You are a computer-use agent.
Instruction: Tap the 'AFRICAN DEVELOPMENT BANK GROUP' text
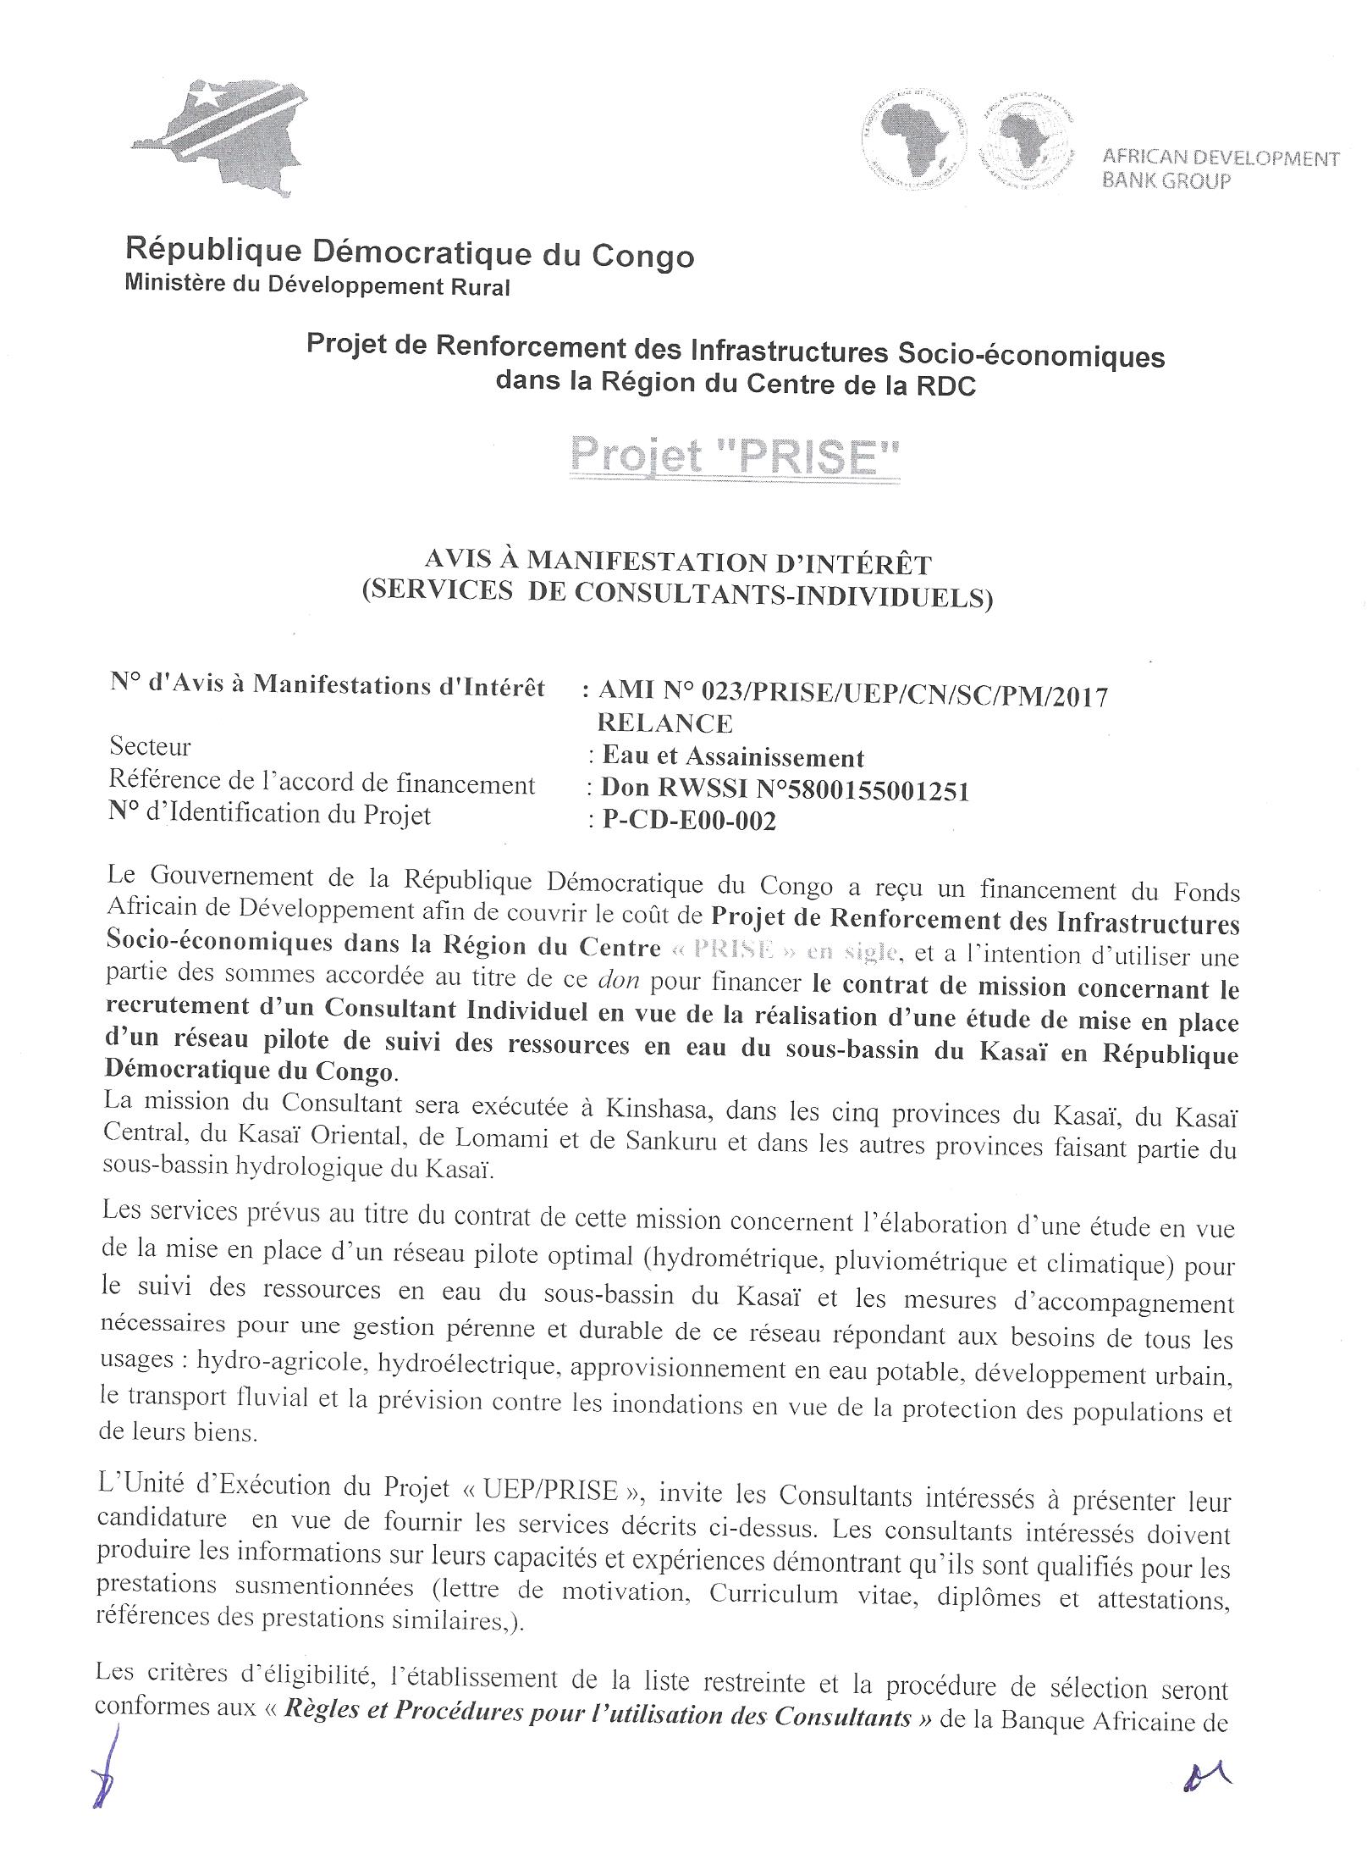coord(1219,169)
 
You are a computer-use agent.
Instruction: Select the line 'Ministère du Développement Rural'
coord(317,285)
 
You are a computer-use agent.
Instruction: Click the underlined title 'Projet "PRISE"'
coord(734,458)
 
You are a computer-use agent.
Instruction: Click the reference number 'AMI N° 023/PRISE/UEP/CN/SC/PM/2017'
coord(852,695)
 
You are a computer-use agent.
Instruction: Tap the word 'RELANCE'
coord(665,723)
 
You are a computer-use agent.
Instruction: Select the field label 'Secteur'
coord(151,747)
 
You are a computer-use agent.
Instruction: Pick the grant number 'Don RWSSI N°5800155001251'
coord(785,789)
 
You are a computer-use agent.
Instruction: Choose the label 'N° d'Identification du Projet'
coord(270,815)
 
